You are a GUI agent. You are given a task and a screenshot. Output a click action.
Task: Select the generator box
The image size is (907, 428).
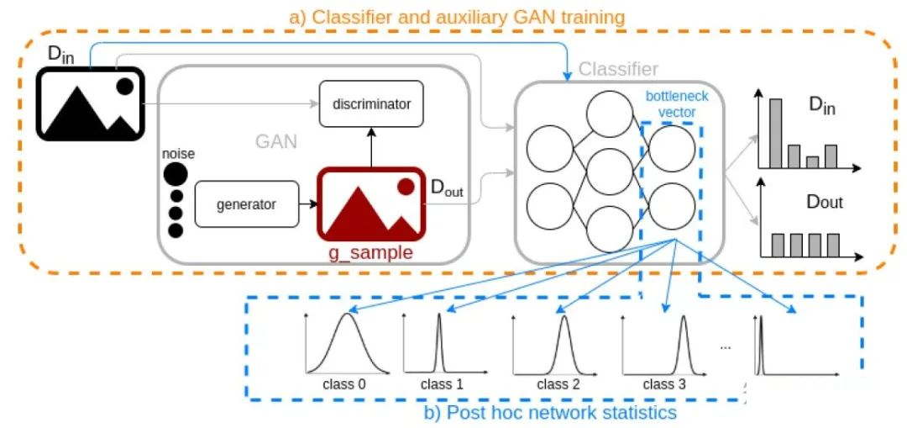[x=247, y=203]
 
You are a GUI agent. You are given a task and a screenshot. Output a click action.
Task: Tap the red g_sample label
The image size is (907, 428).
[x=371, y=253]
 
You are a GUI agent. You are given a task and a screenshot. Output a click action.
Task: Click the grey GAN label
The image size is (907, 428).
[x=276, y=141]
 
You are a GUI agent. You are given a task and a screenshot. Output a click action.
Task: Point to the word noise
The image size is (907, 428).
[x=179, y=154]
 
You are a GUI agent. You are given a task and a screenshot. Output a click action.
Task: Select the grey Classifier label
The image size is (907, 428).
[x=618, y=70]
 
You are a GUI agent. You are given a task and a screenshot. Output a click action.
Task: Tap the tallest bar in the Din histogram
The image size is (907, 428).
[x=776, y=133]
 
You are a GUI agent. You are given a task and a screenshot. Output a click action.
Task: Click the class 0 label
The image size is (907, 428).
[x=345, y=383]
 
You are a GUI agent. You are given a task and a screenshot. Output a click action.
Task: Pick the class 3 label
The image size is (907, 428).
[x=664, y=383]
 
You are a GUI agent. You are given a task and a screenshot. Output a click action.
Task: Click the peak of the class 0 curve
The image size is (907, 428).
[x=348, y=314]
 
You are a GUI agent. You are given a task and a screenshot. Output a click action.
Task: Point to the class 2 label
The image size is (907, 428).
[x=558, y=383]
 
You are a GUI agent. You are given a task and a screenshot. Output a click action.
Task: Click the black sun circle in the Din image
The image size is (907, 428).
[x=124, y=87]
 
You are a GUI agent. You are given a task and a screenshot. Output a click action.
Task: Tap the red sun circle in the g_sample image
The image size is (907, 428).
[x=406, y=186]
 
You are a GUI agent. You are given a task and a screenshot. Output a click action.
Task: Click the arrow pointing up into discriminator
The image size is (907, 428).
[x=371, y=147]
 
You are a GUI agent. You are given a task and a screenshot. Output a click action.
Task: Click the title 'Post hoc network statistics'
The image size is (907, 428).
[x=550, y=412]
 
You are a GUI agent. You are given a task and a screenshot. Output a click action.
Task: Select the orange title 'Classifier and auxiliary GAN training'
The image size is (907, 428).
[x=457, y=18]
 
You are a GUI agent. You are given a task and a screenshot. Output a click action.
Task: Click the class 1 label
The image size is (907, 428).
[x=443, y=383]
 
